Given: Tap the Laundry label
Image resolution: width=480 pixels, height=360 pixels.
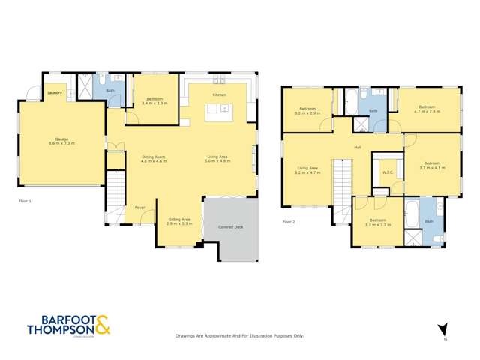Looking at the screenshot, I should tap(55, 93).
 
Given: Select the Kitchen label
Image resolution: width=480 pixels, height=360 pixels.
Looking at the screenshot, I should tap(219, 95).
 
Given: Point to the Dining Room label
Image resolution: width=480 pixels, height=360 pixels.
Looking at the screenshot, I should tap(154, 157).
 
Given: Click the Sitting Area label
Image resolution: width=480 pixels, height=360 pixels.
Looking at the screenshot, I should tap(178, 219).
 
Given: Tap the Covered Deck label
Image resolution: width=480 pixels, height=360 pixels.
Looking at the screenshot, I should tap(229, 226).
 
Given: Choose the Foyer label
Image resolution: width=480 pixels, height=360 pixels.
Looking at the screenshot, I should tap(139, 207).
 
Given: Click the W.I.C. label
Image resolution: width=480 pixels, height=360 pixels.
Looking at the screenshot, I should tap(388, 172).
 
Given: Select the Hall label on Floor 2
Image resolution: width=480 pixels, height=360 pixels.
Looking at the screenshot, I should tap(358, 148).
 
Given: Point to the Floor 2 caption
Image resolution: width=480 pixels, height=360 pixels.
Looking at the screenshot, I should tap(289, 221).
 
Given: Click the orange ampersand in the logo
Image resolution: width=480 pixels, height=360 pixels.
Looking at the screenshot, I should tap(103, 325).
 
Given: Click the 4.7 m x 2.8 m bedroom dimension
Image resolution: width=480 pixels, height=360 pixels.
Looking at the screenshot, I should tap(427, 111).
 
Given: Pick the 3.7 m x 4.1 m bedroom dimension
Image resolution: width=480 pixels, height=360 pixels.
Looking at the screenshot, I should tap(432, 168).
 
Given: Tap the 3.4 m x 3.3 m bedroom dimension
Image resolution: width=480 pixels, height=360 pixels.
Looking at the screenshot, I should tap(154, 103).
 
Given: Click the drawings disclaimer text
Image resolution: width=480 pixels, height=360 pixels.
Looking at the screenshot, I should tap(239, 335).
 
